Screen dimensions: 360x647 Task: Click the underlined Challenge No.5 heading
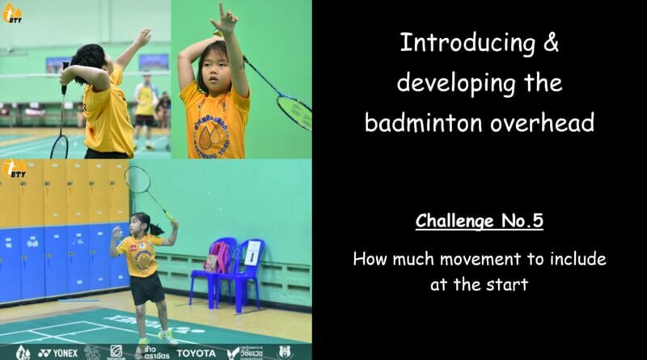[x=479, y=221]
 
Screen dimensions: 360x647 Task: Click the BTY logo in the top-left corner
[x=12, y=12]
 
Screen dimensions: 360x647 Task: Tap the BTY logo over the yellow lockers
[x=14, y=169]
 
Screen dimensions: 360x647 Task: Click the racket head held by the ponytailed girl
[x=137, y=179]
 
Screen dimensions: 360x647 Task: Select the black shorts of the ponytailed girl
[x=146, y=287]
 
